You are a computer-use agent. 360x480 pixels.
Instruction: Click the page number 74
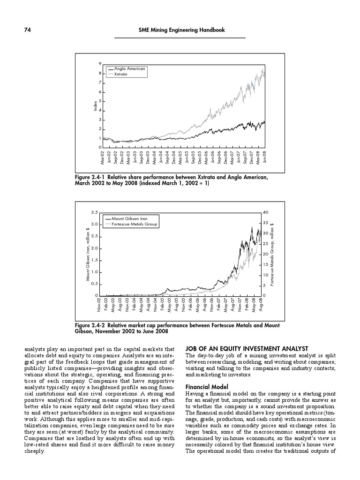[x=28, y=30]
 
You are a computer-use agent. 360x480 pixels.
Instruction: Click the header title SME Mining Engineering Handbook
[x=182, y=30]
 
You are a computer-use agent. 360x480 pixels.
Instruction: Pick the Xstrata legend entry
[x=121, y=74]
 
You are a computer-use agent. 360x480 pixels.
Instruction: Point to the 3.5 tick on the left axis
[x=94, y=212]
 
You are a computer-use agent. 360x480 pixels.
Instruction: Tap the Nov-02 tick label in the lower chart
[x=99, y=305]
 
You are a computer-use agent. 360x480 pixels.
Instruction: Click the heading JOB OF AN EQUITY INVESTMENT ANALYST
[x=247, y=348]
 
